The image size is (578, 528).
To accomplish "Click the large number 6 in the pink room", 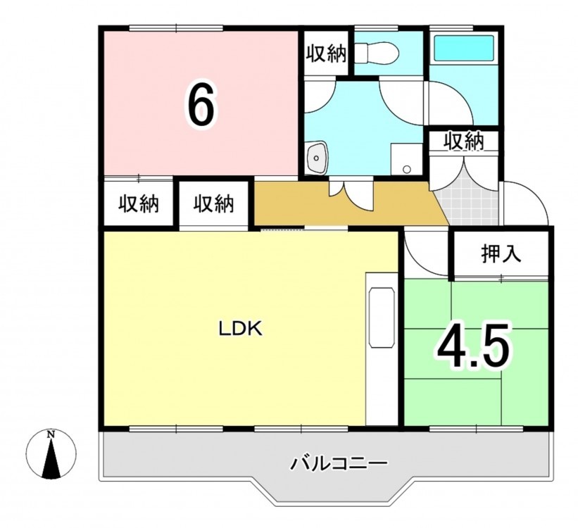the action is coord(201,104).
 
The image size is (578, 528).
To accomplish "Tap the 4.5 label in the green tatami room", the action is coord(475,346).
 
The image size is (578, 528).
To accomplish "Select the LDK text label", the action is coord(241,329).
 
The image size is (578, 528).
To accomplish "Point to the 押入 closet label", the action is coord(501,253).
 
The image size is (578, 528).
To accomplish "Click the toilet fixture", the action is coord(378,53).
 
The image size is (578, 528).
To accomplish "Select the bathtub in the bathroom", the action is coord(463,49).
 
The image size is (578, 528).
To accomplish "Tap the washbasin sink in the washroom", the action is coord(317,158).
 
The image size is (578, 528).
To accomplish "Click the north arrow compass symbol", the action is coord(51,454).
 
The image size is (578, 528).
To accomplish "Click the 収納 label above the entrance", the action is coord(464,141).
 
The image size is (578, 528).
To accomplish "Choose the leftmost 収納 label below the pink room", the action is coord(138,203).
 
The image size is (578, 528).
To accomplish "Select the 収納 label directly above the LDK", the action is coord(214,203).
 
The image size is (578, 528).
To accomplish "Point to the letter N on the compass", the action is coord(51,434).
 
